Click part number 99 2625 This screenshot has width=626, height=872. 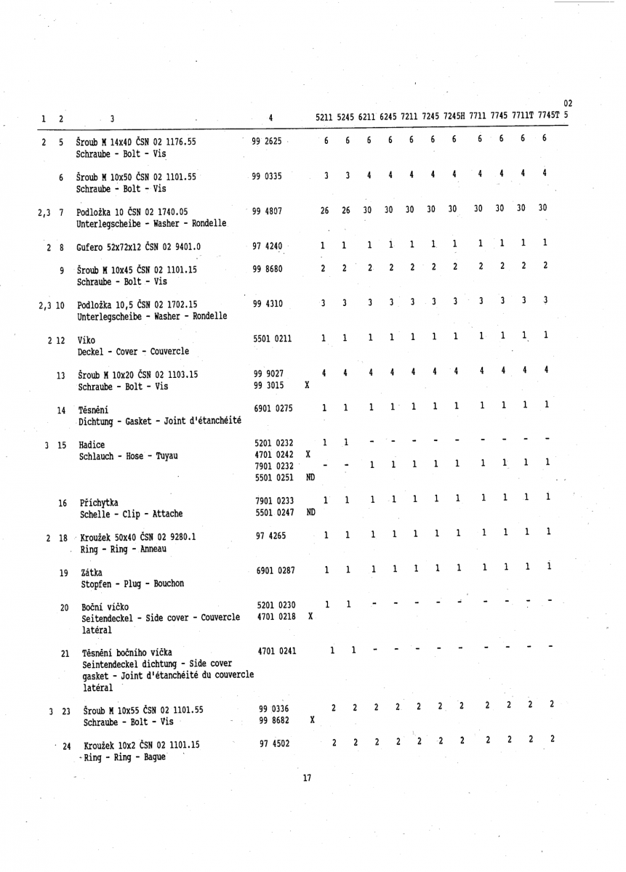pos(268,141)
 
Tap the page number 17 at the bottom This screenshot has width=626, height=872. pos(307,778)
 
